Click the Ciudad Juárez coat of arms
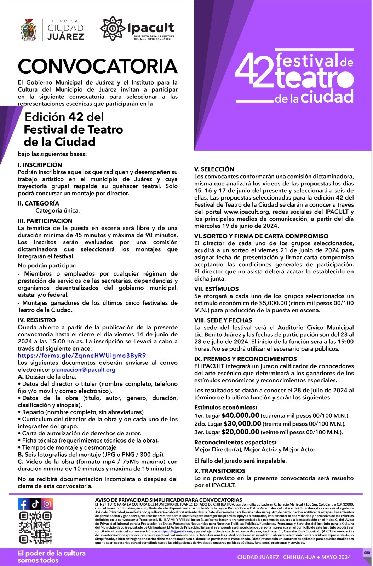[29, 30]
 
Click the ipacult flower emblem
[112, 28]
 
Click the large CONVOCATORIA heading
[98, 67]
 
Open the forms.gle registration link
[82, 356]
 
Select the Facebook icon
[24, 504]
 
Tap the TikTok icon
[35, 504]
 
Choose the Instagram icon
[47, 504]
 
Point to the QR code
[35, 527]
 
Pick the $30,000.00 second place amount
[242, 423]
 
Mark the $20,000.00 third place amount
[240, 432]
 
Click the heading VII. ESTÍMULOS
[216, 289]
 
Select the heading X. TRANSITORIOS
[219, 471]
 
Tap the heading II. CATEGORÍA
[39, 203]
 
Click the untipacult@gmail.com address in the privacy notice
[174, 531]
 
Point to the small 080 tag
[367, 553]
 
